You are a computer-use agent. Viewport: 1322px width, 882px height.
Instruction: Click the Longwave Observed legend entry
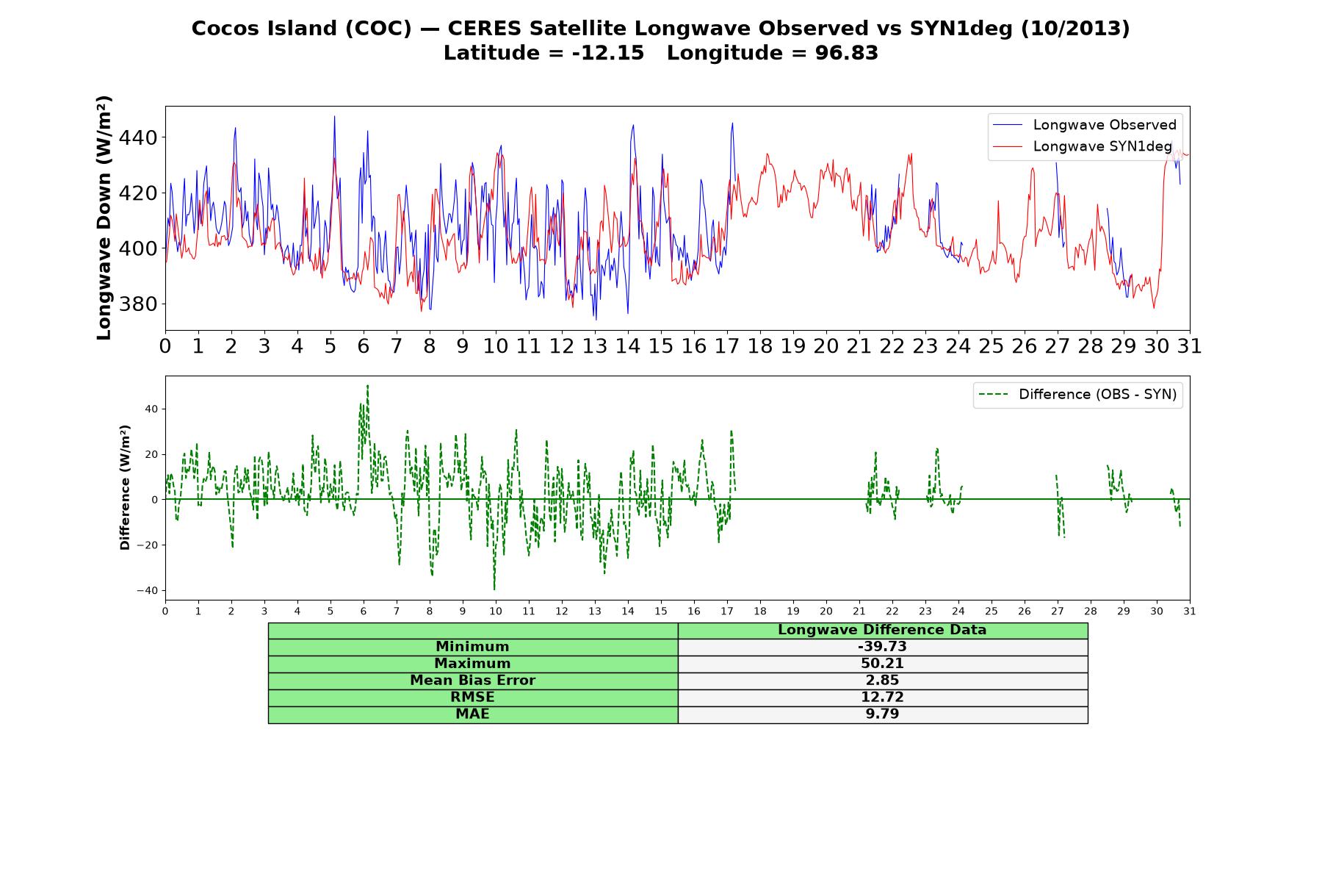pos(1084,125)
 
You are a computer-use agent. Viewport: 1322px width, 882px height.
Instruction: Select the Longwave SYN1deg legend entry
pos(1083,146)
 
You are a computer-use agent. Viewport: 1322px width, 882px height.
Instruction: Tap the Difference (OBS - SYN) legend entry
pos(1078,395)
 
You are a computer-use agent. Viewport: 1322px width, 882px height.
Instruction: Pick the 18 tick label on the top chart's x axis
pos(760,346)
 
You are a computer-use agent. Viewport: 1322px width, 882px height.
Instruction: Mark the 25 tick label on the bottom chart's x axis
pos(991,612)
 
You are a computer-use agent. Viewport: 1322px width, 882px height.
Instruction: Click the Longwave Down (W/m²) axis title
pos(104,218)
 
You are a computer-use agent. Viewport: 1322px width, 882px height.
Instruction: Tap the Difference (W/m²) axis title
pos(125,487)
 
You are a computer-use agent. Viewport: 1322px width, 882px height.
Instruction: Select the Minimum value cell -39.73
pos(882,647)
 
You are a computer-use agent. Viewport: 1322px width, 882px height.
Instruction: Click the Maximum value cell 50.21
pos(882,664)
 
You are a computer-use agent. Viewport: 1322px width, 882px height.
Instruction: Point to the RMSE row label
pos(472,697)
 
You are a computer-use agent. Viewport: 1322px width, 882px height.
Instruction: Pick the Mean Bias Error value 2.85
pos(882,681)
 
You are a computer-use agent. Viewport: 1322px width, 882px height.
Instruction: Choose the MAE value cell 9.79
pos(882,714)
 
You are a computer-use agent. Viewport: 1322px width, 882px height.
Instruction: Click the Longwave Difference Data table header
pos(882,630)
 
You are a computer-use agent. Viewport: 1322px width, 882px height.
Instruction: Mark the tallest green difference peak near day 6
pos(367,385)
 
